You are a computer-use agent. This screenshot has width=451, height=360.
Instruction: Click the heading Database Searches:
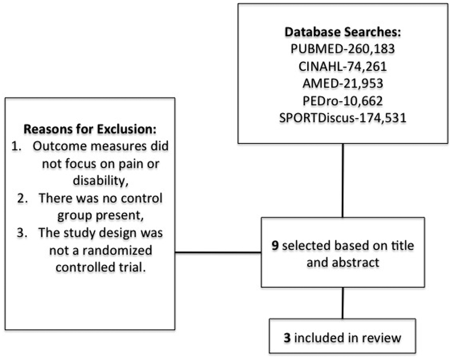coord(343,32)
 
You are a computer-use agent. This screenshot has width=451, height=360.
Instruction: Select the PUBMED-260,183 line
coord(343,49)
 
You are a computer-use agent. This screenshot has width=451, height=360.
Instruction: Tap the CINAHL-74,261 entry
coord(343,67)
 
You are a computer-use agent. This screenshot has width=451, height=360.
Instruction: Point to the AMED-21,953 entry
coord(343,83)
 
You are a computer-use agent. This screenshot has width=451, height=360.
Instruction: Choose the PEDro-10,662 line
coord(343,101)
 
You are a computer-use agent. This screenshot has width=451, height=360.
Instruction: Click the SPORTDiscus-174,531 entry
coord(343,118)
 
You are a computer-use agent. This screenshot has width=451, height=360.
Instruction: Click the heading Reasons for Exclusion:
coord(90,129)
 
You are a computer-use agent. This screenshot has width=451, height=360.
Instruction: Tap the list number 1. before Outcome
coord(17,146)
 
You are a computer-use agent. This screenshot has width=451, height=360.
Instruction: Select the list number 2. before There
coord(23,198)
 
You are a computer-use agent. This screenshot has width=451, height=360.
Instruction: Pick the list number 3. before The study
coord(22,233)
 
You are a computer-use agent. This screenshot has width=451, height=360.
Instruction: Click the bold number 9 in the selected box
coord(275,245)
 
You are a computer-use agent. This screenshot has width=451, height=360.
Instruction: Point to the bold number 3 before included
coord(287,338)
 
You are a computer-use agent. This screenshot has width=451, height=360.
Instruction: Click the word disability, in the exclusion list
coord(101,181)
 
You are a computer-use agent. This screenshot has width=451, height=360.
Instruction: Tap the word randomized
coord(117,250)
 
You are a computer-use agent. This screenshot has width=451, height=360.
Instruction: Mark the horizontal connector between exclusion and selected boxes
coord(218,252)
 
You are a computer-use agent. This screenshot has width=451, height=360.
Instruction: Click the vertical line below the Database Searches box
coord(343,181)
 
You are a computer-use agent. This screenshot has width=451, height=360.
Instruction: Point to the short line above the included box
coord(343,303)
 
